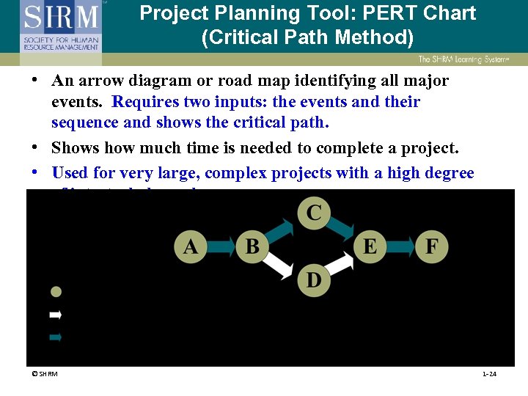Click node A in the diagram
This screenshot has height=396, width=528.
[x=190, y=246]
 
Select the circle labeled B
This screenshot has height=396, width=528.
[x=252, y=246]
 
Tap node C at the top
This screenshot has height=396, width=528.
[x=314, y=213]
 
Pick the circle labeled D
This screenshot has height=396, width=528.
[x=314, y=280]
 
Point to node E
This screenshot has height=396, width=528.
[x=370, y=246]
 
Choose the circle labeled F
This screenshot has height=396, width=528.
[x=432, y=246]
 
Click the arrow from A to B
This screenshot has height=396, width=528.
[x=221, y=246]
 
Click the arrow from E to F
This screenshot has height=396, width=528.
[x=400, y=246]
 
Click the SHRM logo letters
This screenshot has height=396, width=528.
[x=60, y=16]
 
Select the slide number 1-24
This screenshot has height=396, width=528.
[x=489, y=374]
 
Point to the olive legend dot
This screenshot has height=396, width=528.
[x=56, y=291]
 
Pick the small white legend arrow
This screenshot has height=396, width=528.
[x=55, y=315]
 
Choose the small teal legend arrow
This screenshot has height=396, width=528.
[x=55, y=337]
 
